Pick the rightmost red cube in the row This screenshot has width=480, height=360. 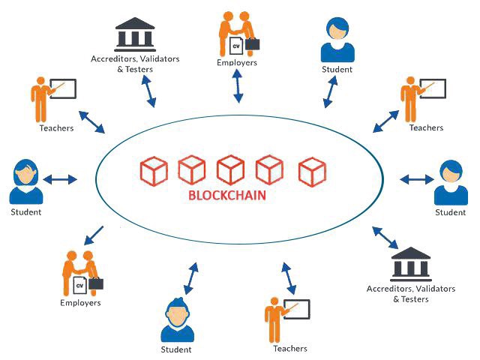coord(312,171)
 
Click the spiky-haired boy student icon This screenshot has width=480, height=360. coord(176,321)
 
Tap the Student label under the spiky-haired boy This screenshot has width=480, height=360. coord(176,349)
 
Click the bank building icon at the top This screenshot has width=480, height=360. coord(135,34)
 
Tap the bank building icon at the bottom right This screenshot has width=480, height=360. coord(410,265)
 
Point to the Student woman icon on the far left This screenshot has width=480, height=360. coord(25,181)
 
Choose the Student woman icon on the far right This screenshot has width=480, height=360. coord(451,182)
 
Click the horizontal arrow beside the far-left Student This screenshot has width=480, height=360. coord(61,179)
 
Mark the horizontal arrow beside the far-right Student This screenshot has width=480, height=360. coord(415,179)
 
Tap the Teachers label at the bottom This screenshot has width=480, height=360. coord(290,349)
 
